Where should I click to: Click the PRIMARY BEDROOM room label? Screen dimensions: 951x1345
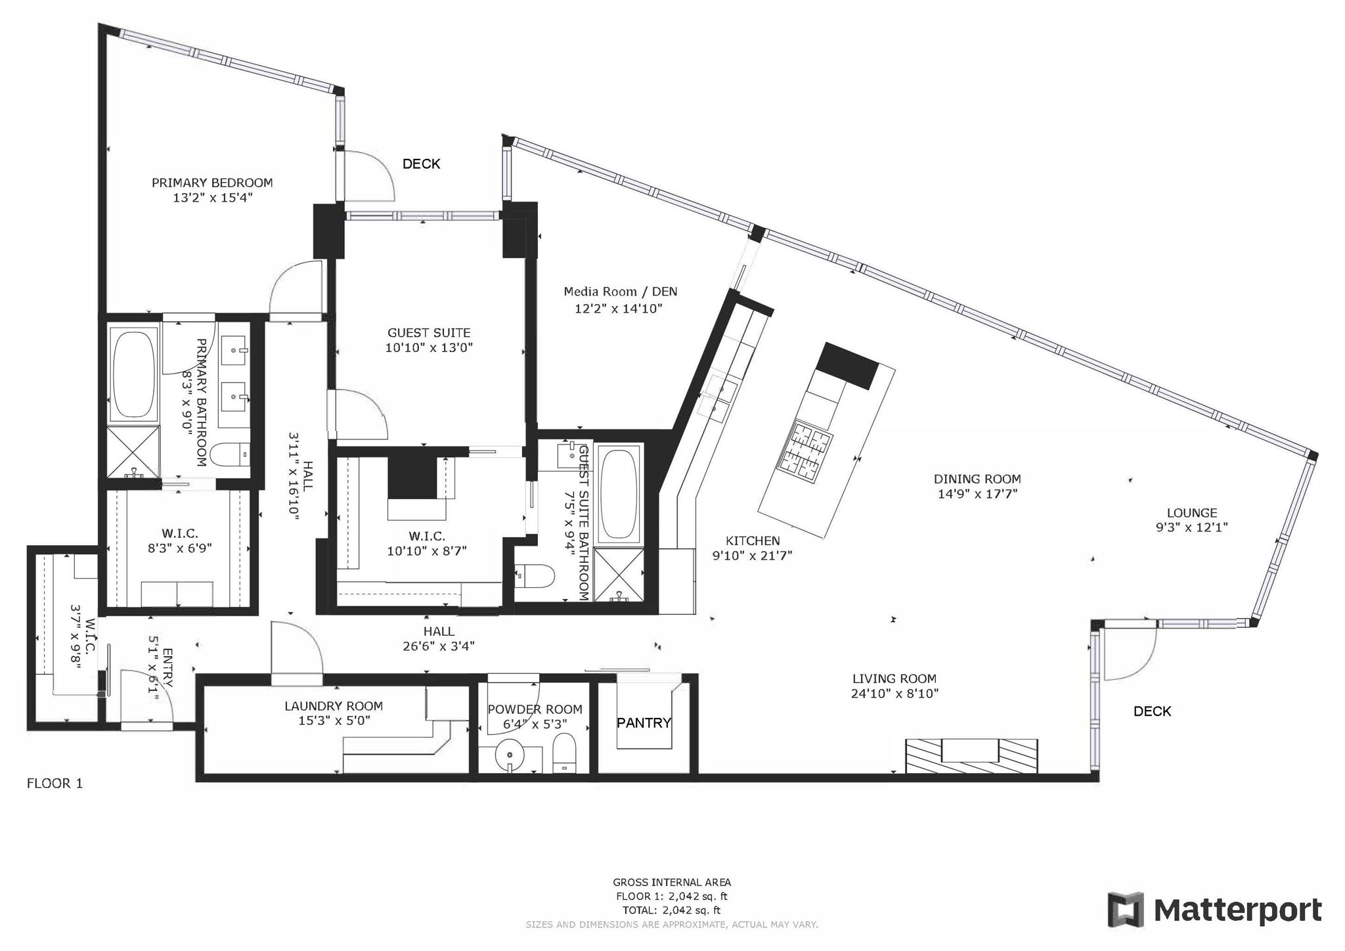212,183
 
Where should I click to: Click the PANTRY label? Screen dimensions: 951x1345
644,723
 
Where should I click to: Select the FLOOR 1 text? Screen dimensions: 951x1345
55,783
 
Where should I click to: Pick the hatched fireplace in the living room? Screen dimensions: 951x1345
971,755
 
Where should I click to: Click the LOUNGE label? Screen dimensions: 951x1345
1192,513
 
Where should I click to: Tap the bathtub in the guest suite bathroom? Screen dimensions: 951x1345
619,495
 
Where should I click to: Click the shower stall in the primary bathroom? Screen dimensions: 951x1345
133,452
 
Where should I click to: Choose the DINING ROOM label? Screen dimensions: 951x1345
977,479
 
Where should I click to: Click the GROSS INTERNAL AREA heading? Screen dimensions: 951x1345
672,883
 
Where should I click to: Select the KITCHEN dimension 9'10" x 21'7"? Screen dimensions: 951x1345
753,556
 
